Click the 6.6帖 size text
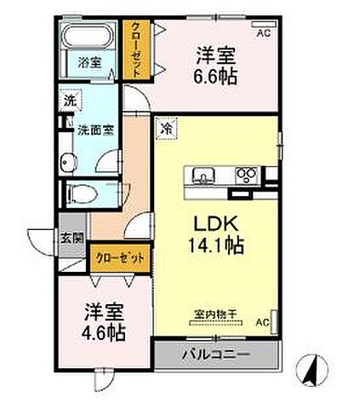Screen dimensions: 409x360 214,77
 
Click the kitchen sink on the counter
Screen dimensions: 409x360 204,176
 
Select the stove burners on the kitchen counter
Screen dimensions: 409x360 248,176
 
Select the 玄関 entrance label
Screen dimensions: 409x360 71,238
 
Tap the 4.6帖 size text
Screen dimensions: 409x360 104,331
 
